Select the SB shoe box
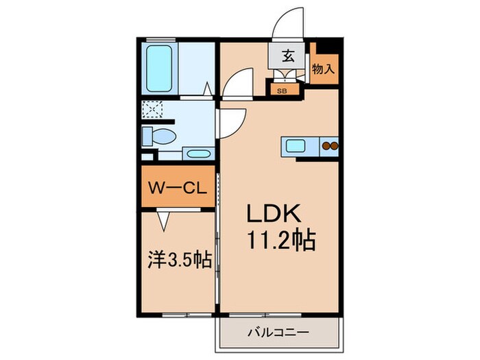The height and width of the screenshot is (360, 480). coord(283,89)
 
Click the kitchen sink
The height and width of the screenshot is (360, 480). coord(296,145)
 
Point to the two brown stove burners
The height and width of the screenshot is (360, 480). coord(331,145)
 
